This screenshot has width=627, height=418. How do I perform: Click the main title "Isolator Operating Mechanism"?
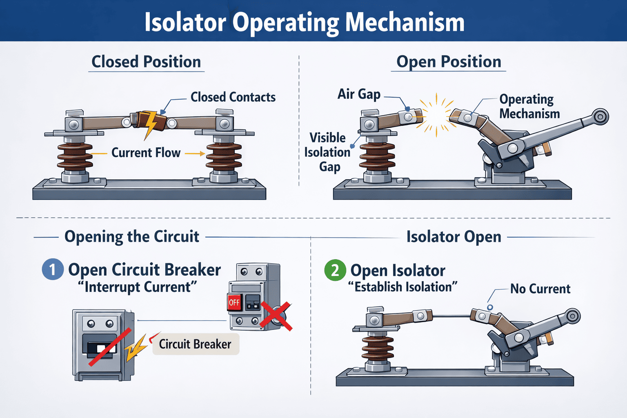tap(305, 22)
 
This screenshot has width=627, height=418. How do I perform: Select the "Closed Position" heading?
tap(146, 62)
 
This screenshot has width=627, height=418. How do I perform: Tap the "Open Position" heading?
tap(449, 62)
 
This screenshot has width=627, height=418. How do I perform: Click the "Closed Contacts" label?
tap(233, 97)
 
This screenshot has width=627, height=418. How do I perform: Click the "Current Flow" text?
tap(146, 153)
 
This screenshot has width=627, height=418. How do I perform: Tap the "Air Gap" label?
tap(359, 94)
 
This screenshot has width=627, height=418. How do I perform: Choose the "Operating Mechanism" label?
tap(529, 106)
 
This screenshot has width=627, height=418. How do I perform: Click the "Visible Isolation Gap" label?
tap(327, 152)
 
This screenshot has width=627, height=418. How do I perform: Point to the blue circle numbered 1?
tap(53, 269)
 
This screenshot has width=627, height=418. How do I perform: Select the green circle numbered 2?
tap(335, 270)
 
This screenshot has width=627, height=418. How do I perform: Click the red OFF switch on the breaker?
tap(234, 302)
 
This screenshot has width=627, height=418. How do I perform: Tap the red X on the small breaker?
tap(276, 316)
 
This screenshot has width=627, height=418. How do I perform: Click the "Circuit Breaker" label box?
tap(195, 344)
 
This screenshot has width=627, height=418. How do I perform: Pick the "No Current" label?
tap(540, 289)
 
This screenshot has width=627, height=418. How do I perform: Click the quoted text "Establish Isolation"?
tap(402, 287)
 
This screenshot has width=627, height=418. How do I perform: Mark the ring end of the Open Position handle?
tap(600, 117)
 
